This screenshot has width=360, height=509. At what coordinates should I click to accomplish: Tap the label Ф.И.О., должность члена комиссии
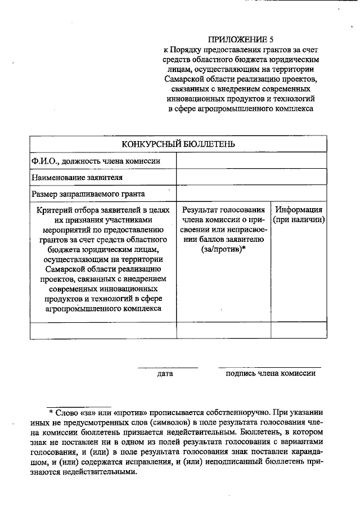coord(96,161)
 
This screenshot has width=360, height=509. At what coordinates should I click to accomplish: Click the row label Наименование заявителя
coord(77,177)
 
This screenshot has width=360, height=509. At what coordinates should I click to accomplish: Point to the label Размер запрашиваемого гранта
coord(88,193)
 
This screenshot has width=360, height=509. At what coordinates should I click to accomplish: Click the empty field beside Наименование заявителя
coord(251,177)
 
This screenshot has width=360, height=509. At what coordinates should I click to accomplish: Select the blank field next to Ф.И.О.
coord(251,161)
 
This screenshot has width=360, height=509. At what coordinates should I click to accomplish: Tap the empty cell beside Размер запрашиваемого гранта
coord(251,193)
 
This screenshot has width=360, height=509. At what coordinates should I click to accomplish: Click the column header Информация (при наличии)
coord(299,214)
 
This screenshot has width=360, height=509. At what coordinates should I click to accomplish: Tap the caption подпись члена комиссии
coord(270,373)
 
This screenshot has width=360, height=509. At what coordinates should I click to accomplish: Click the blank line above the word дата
coord(168,367)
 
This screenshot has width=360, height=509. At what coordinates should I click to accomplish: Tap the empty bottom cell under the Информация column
coord(299,330)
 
